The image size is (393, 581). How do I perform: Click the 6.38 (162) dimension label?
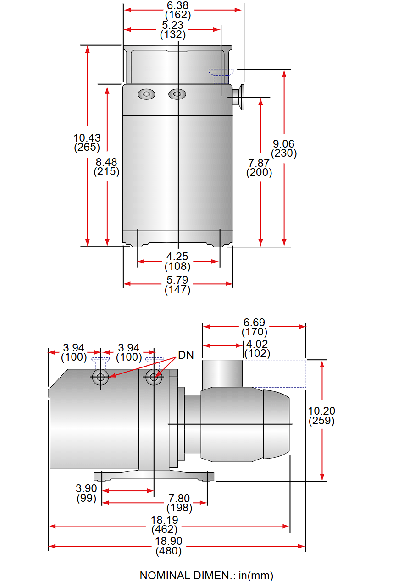pyautogui.click(x=178, y=10)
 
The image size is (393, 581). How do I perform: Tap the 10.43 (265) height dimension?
pyautogui.click(x=87, y=143)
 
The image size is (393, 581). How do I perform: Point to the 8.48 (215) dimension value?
pyautogui.click(x=106, y=167)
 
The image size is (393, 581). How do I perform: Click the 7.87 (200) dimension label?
pyautogui.click(x=259, y=168)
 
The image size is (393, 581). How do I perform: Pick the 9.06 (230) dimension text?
pyautogui.click(x=284, y=148)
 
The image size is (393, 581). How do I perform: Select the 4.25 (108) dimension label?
pyautogui.click(x=177, y=261)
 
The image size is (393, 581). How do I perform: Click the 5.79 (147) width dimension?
pyautogui.click(x=177, y=284)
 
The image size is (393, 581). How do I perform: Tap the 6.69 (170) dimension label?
pyautogui.click(x=254, y=327)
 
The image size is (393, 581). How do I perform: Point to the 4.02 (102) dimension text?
pyautogui.click(x=257, y=349)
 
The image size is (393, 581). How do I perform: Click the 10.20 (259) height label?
pyautogui.click(x=321, y=416)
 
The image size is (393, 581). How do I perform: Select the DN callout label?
pyautogui.click(x=186, y=355)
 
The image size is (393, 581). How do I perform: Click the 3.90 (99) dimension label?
pyautogui.click(x=87, y=493)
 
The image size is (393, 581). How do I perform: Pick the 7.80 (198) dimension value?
pyautogui.click(x=179, y=503)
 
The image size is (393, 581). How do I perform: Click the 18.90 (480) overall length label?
pyautogui.click(x=169, y=546)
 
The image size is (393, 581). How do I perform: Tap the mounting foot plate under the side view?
pyautogui.click(x=154, y=476)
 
